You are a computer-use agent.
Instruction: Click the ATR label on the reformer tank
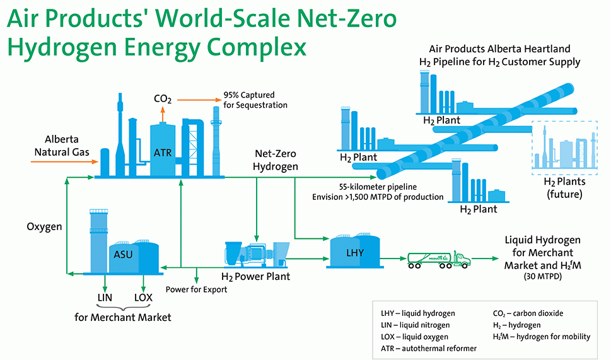(x=163, y=153)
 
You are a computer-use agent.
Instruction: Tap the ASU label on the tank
(x=123, y=255)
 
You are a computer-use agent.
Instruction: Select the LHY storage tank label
(x=355, y=253)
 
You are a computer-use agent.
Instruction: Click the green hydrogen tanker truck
(x=439, y=260)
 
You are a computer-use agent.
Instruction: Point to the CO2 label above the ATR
(x=163, y=100)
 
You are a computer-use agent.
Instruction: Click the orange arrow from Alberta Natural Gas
(x=64, y=161)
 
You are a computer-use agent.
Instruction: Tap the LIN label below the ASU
(x=105, y=298)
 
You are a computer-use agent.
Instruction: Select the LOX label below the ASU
(x=143, y=298)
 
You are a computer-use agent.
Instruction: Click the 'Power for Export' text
(x=196, y=289)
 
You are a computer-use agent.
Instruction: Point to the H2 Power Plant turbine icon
(x=257, y=254)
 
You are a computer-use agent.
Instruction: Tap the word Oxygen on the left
(x=44, y=227)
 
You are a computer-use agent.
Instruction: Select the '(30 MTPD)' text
(x=543, y=277)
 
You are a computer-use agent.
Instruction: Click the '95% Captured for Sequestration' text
(x=255, y=100)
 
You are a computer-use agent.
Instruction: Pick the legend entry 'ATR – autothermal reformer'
(x=429, y=348)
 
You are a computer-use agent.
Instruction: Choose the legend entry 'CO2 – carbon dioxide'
(x=528, y=313)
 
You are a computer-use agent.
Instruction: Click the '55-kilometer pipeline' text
(x=378, y=187)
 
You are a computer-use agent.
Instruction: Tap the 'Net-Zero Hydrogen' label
(x=276, y=160)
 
